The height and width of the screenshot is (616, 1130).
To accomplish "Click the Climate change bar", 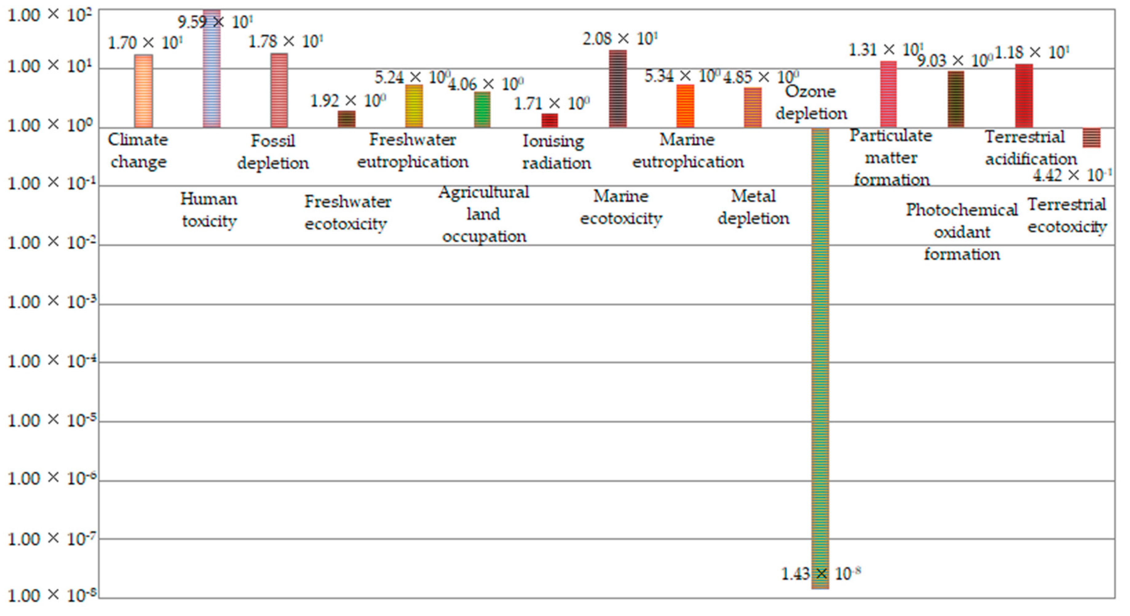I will click(144, 91).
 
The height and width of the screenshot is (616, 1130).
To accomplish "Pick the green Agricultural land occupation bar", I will click(482, 110).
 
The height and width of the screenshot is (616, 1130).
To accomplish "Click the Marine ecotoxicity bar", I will click(618, 89).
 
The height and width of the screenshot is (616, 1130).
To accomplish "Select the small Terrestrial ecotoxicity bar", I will click(1091, 138).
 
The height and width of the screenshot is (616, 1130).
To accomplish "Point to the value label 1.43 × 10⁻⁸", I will click(820, 574).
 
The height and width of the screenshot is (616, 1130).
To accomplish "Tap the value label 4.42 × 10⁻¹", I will click(1072, 175).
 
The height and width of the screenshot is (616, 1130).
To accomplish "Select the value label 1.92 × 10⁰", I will click(348, 101).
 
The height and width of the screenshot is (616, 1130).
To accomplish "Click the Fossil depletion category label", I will click(273, 152).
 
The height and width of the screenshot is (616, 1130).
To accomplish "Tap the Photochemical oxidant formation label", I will click(961, 232).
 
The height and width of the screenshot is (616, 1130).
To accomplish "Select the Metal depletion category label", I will click(753, 207).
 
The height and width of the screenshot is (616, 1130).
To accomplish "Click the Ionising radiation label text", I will click(556, 152).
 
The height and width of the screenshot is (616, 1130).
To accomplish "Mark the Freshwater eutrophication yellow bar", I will click(414, 106).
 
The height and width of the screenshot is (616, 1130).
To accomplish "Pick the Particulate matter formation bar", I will click(888, 94).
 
